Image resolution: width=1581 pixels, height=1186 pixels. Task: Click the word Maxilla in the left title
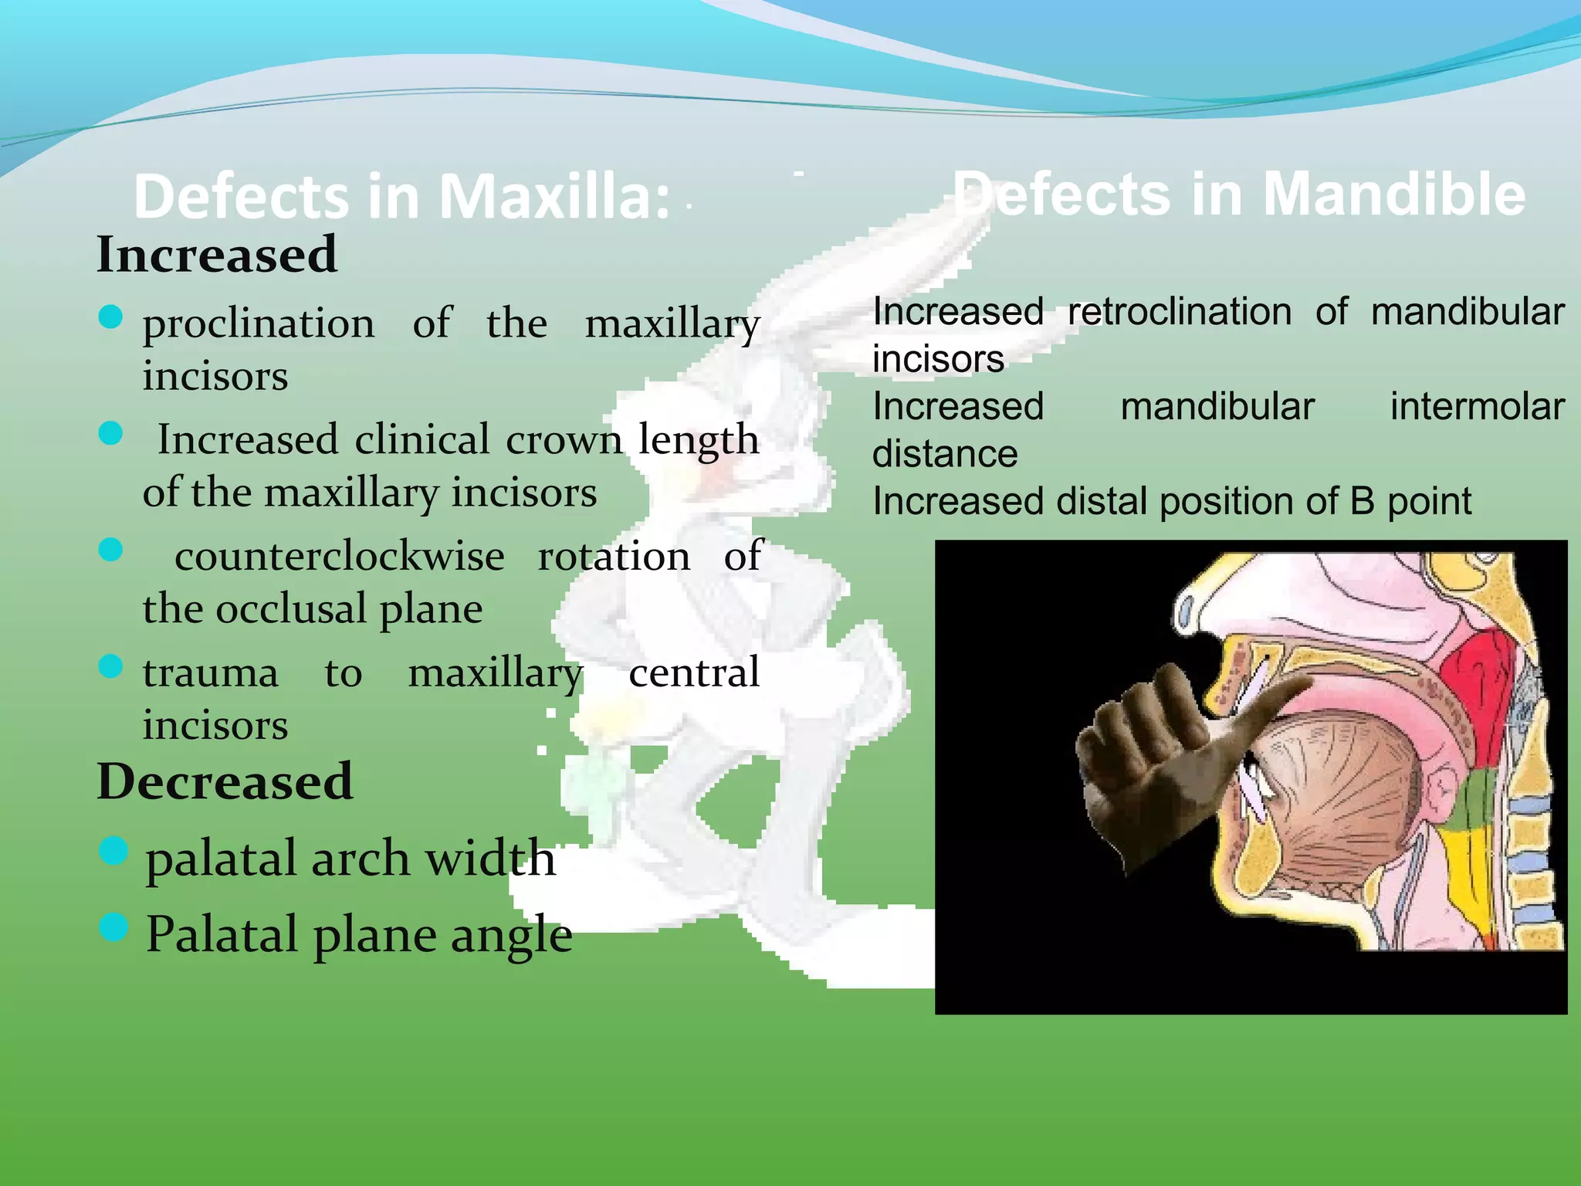[x=554, y=197]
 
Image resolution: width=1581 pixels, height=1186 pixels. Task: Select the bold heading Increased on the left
[x=217, y=254]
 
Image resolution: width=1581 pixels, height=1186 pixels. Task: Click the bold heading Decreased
[x=225, y=781]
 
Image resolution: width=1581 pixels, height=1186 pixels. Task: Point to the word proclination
[x=259, y=323]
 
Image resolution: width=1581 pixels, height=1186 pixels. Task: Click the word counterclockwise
[x=340, y=556]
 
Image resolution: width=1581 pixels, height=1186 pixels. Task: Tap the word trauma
[x=210, y=673]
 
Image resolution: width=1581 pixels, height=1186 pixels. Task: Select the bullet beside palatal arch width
[x=113, y=850]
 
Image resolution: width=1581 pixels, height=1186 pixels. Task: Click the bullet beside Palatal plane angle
[x=113, y=927]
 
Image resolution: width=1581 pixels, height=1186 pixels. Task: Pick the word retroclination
[x=1179, y=313]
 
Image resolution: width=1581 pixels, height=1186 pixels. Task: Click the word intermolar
[x=1477, y=407]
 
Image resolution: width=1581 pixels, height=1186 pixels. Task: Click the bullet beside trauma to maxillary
[x=111, y=666]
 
